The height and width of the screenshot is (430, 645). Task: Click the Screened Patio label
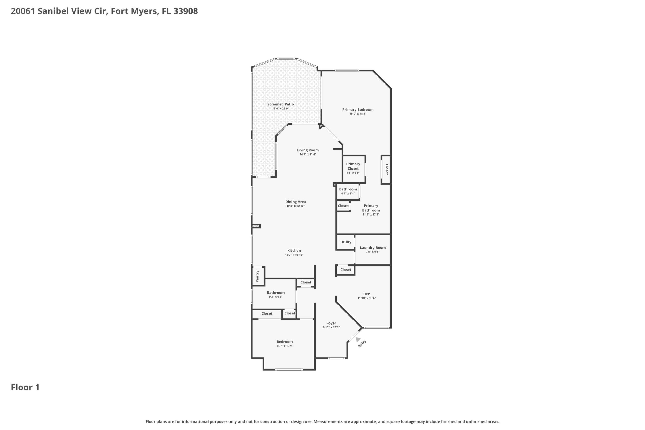(x=280, y=104)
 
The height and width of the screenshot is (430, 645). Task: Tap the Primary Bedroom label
(x=358, y=109)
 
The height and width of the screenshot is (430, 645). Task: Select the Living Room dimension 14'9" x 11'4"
(x=308, y=154)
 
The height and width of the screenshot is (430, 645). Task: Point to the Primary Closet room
(x=354, y=169)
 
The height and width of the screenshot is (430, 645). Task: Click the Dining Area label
(x=295, y=202)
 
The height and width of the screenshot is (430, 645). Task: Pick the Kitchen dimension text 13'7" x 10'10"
(x=294, y=255)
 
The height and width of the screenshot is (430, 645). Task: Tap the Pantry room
(x=258, y=276)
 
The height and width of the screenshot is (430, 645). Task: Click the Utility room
(x=345, y=242)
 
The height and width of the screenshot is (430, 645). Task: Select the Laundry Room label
(x=373, y=247)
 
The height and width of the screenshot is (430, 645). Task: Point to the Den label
(x=367, y=294)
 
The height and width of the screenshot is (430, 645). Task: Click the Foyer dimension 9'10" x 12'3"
(x=331, y=327)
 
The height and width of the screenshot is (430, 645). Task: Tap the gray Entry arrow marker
(x=358, y=340)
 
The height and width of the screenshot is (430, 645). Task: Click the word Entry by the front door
(x=362, y=343)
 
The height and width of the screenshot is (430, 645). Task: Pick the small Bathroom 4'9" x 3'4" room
(x=348, y=191)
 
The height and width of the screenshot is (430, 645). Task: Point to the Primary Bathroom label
(x=371, y=208)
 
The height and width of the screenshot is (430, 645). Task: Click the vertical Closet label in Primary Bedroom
(x=387, y=170)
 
